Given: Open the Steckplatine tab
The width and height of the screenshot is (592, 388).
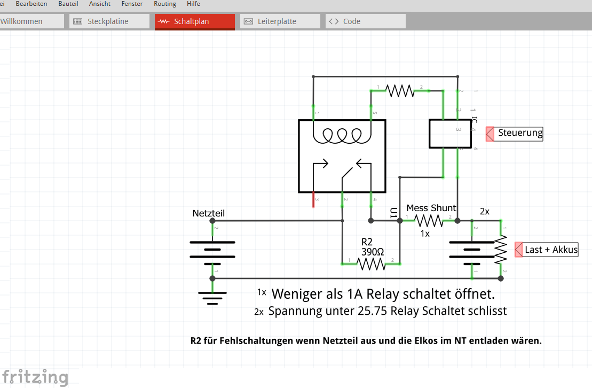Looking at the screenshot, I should click(x=109, y=21).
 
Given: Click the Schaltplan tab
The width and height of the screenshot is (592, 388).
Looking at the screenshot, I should click(x=194, y=21).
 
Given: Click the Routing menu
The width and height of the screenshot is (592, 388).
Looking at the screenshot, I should click(x=164, y=4).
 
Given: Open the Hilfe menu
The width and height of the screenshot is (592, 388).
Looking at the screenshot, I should click(x=193, y=4).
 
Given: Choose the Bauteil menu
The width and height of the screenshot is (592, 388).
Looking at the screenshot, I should click(x=68, y=4).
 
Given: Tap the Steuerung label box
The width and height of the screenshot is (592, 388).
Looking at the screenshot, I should click(x=519, y=133).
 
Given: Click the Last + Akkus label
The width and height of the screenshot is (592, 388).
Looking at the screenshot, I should click(x=550, y=250).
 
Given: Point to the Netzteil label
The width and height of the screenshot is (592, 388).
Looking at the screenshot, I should click(x=208, y=213).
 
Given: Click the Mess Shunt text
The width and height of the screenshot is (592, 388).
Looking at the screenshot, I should click(x=431, y=208).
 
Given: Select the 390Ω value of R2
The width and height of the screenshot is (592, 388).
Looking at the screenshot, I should click(x=373, y=251).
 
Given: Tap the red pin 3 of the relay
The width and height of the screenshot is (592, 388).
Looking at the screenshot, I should click(x=313, y=199).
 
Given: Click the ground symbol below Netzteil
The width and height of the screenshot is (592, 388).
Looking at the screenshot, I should click(x=212, y=297).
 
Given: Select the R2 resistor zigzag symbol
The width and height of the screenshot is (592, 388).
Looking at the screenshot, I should click(x=371, y=263).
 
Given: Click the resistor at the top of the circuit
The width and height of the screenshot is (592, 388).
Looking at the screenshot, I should click(x=400, y=91).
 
